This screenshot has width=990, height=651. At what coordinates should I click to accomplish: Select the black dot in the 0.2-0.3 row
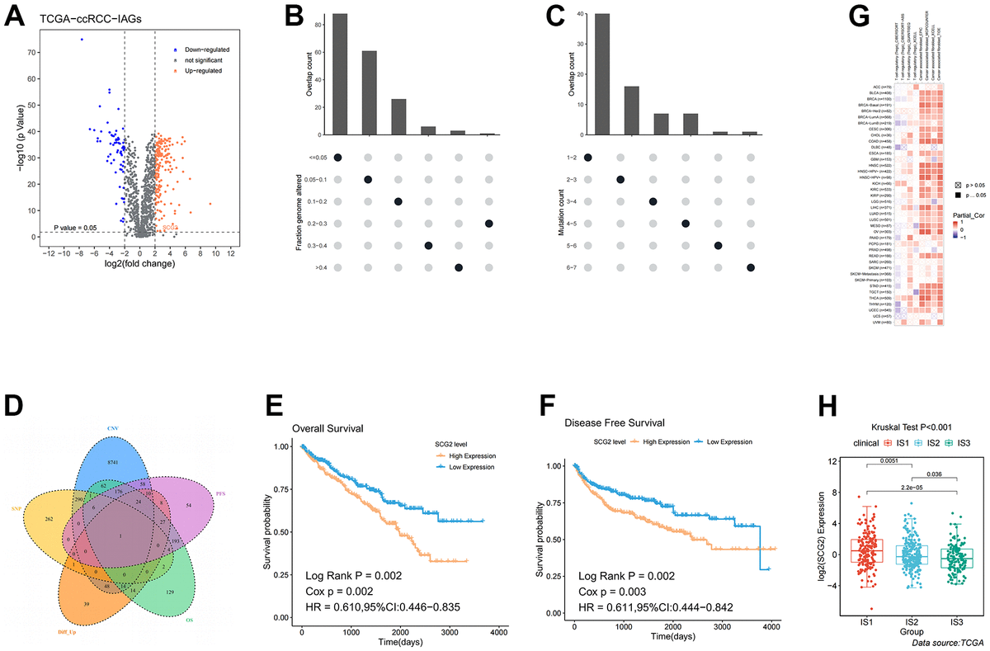point(488,224)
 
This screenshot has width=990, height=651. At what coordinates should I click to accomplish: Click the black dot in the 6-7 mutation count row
point(750,267)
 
